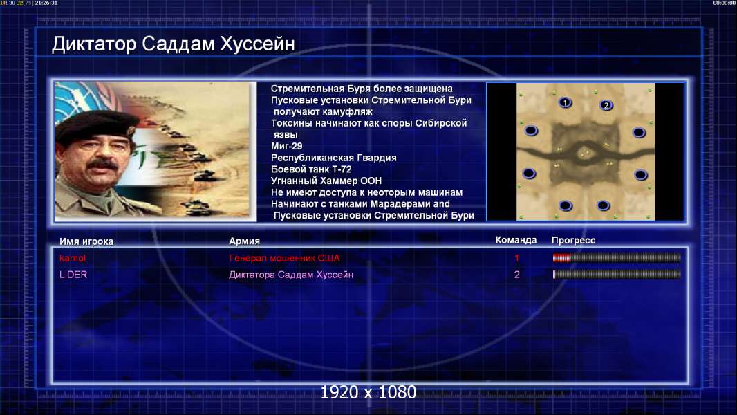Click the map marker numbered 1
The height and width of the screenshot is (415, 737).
tap(565, 102)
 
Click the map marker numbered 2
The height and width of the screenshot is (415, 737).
tap(606, 105)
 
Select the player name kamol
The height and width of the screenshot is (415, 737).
tap(73, 258)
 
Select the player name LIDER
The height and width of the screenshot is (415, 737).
tap(73, 275)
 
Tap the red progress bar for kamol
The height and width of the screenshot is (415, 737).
tap(617, 257)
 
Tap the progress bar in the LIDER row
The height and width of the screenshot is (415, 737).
tap(617, 275)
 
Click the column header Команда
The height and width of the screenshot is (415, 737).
tap(516, 240)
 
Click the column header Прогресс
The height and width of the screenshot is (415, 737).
tap(573, 241)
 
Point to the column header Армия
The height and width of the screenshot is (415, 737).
tap(245, 241)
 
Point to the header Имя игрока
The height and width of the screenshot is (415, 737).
tap(86, 241)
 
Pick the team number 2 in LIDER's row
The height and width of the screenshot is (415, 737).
tap(517, 275)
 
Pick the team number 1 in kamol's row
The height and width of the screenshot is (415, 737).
tap(517, 258)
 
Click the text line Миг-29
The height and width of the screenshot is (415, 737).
tap(287, 146)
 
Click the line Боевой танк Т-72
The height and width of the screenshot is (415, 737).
tap(311, 169)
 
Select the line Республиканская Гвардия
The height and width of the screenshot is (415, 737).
tap(334, 158)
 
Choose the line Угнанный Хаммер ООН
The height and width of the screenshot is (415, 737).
tap(326, 181)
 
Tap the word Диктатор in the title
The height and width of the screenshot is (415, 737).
tap(94, 44)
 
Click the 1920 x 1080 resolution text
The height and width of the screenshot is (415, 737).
tap(368, 392)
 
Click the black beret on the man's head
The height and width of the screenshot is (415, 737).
tap(96, 124)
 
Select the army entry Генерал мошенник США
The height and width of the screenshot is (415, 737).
tap(284, 258)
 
